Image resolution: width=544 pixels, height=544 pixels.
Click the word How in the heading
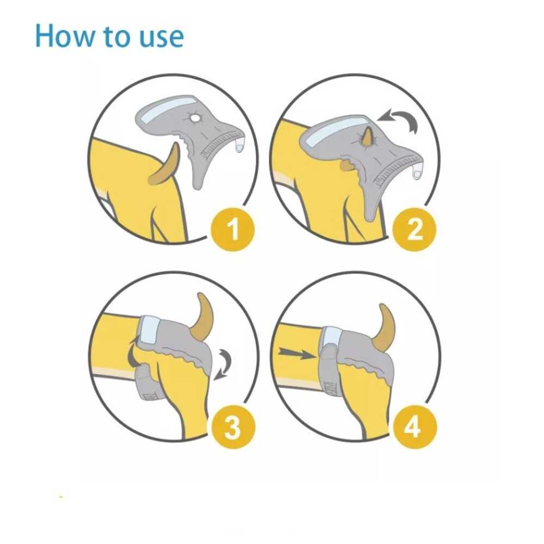(65, 36)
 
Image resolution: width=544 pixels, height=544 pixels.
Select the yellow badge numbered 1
(233, 228)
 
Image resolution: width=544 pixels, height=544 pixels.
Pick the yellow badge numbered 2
(414, 230)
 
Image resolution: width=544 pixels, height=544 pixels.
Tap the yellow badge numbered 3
(233, 426)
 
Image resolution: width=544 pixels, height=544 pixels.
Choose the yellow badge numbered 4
(414, 426)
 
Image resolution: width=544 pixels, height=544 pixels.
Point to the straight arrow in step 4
(297, 354)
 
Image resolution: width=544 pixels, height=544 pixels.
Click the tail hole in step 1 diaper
(195, 118)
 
